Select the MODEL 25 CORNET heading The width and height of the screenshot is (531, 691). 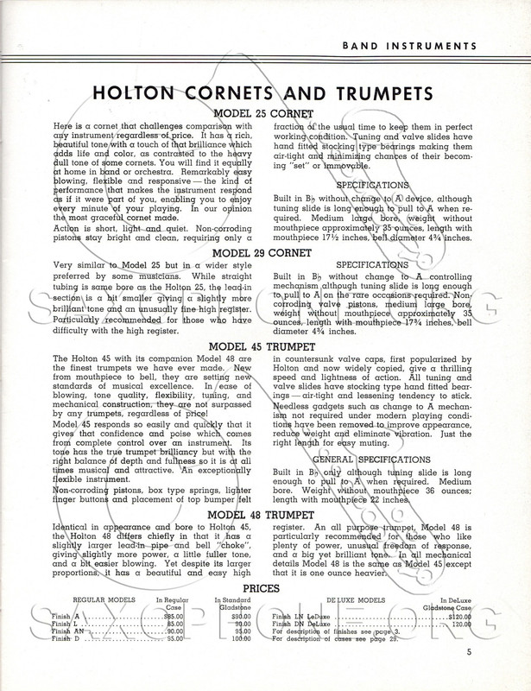[265, 114]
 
